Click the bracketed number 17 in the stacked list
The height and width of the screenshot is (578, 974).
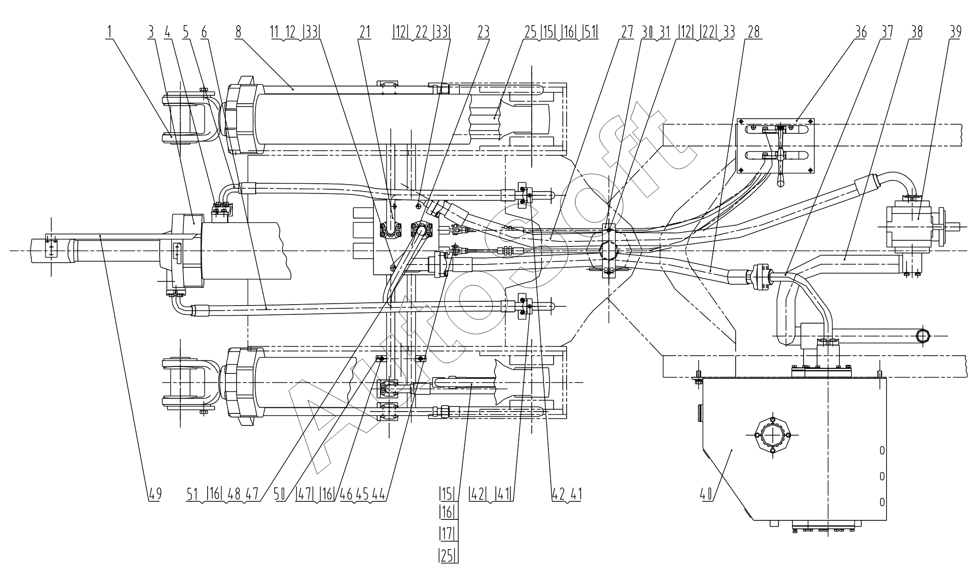(x=447, y=533)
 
